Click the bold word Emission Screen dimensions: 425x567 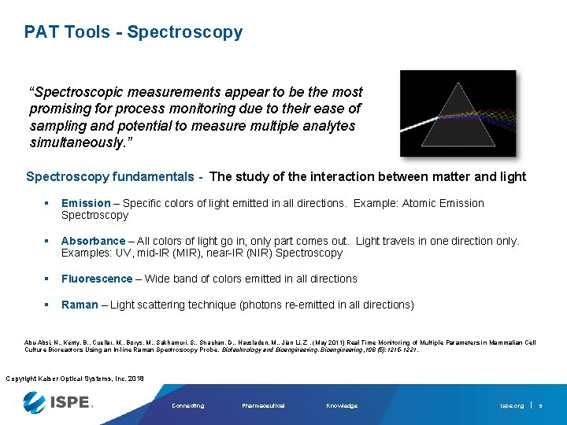point(85,203)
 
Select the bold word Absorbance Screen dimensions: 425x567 point(93,241)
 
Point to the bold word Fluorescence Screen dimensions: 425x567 point(97,279)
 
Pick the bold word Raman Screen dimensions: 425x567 point(80,305)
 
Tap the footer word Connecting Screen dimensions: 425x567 point(187,406)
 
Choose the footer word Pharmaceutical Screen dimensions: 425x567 point(263,406)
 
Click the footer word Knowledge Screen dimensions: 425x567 point(342,406)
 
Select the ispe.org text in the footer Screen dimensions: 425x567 point(512,406)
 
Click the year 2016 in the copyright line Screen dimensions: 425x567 point(135,379)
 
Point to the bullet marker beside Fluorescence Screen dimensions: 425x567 point(48,279)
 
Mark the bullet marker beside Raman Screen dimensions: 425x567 point(48,305)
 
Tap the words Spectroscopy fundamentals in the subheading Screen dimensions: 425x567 point(109,177)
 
